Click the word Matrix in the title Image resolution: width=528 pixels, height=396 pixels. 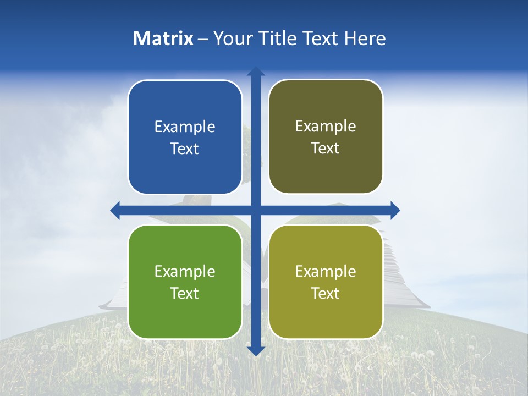[163, 38]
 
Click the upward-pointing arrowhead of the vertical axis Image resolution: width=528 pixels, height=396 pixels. [256, 71]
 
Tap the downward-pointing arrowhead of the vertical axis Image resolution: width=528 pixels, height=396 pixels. [256, 350]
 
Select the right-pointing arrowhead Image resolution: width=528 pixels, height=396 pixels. [395, 210]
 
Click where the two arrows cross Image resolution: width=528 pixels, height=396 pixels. [256, 210]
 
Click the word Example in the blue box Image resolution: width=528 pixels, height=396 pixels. [185, 127]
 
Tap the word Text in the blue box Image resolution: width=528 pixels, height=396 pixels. [185, 149]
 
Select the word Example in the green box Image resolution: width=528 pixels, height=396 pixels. [185, 271]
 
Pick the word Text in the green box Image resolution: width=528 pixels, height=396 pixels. [185, 293]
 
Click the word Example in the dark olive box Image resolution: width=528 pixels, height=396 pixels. [326, 127]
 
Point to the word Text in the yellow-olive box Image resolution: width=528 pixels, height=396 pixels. [326, 293]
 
